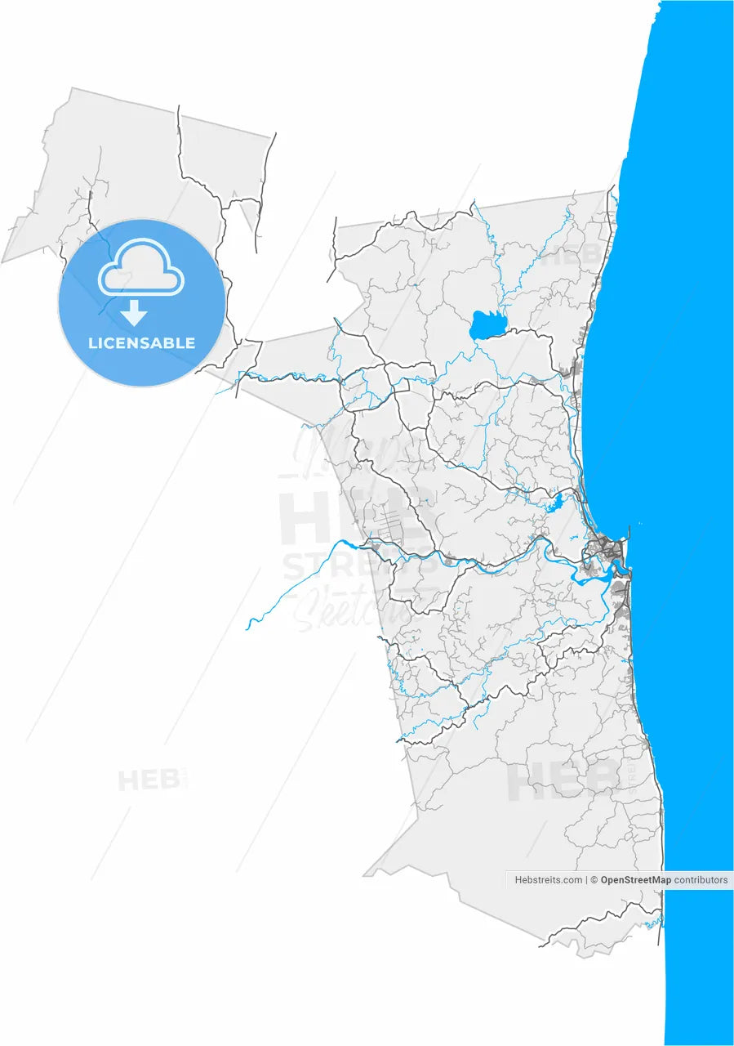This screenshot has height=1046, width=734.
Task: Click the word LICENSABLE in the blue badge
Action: click(x=142, y=343)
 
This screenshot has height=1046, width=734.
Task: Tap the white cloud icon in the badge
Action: click(x=141, y=270)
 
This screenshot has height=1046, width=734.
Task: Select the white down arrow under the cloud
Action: click(x=134, y=313)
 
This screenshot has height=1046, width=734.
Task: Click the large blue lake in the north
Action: click(x=487, y=325)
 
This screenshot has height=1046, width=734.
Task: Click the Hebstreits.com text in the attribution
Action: click(x=548, y=880)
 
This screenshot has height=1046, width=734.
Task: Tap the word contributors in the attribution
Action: click(x=701, y=880)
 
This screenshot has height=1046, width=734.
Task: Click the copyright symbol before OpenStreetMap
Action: click(x=594, y=880)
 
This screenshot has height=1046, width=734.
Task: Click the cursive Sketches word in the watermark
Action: click(x=343, y=609)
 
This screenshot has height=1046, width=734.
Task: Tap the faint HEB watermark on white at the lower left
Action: click(x=147, y=780)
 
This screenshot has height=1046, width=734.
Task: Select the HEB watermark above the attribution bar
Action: click(x=563, y=780)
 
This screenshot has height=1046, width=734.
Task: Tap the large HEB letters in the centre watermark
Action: click(x=351, y=515)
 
